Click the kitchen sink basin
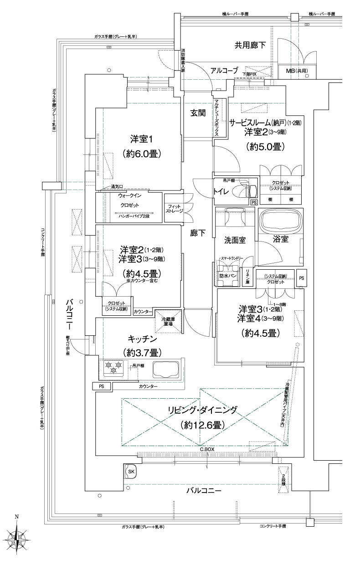(165, 369)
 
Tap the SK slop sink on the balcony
(131, 471)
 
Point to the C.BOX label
(207, 449)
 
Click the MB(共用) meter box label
(296, 71)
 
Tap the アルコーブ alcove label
(224, 70)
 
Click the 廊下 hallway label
(198, 233)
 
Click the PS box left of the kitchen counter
(101, 386)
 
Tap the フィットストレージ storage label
(174, 209)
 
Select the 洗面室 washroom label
(235, 240)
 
